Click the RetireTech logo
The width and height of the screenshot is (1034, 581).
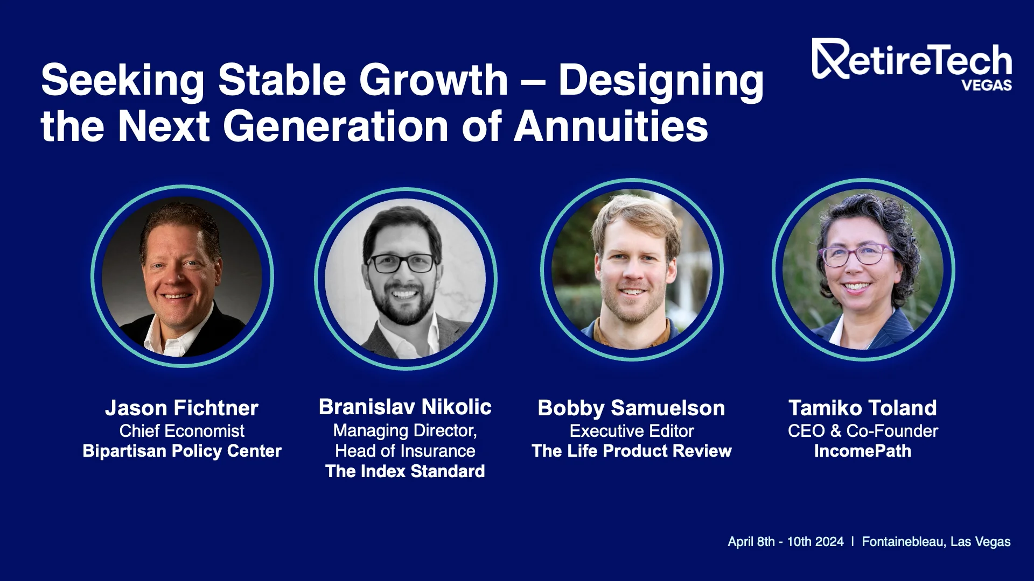point(912,64)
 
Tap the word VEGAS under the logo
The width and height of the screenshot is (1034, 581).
point(987,86)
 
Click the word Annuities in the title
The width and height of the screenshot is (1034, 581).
point(611,126)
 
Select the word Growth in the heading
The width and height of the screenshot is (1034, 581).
point(434,81)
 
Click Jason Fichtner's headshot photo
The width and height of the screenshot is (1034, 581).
point(182,277)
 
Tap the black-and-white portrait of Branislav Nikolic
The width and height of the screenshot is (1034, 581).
point(406,279)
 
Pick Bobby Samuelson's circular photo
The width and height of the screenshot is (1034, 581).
point(632,270)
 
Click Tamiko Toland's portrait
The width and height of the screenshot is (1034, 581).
point(863,270)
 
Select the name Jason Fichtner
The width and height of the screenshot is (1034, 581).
point(182,408)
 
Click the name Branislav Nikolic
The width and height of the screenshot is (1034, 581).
point(405,407)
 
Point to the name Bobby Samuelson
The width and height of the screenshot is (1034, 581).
point(631,408)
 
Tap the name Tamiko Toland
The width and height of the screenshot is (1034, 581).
point(863,408)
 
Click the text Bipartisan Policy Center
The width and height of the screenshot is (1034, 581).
point(182,451)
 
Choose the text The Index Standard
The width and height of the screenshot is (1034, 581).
point(405,471)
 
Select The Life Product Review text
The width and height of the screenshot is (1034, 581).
point(632,451)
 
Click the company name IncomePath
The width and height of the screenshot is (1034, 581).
point(863,451)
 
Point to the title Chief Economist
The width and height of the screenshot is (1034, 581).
point(182,431)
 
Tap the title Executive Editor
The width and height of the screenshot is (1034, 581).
point(632,431)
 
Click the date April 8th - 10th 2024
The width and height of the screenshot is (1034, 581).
point(786,542)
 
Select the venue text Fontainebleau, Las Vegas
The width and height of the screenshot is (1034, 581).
point(937,542)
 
